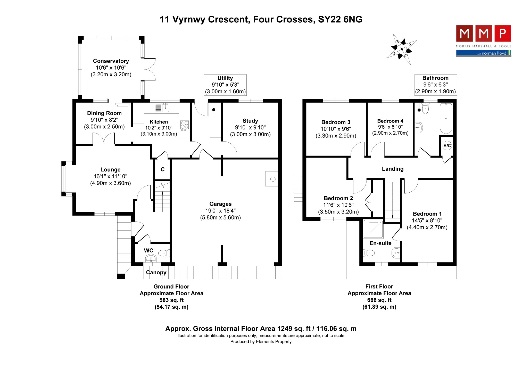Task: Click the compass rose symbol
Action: click(401, 49)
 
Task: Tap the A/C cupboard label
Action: click(447, 146)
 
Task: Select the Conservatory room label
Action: click(111, 61)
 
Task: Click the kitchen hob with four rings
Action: click(185, 126)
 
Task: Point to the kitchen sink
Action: click(162, 108)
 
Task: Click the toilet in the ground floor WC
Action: click(164, 253)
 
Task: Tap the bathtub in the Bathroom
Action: click(446, 118)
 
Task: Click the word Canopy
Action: click(156, 273)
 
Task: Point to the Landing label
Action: click(393, 169)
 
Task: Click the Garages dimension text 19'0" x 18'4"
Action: click(220, 211)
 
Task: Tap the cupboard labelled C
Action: click(163, 169)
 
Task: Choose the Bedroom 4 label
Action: click(390, 121)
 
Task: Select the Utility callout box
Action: click(225, 85)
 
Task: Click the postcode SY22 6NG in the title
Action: click(340, 19)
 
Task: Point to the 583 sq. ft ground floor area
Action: click(171, 300)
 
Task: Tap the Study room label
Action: click(250, 121)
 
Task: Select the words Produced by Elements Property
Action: click(261, 342)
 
